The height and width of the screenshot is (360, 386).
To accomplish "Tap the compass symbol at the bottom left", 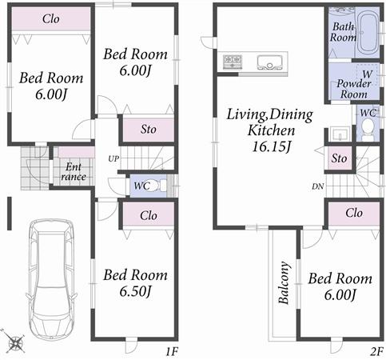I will (x=14, y=342).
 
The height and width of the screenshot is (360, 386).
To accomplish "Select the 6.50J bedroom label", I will (x=136, y=282).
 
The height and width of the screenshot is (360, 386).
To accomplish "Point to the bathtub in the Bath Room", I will (x=367, y=32).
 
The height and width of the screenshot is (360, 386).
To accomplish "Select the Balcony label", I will (x=284, y=283).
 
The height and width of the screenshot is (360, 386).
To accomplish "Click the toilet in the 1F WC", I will (x=160, y=186).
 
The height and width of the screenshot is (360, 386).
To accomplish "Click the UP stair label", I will (x=114, y=158).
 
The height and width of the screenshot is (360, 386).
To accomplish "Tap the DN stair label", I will (x=318, y=186).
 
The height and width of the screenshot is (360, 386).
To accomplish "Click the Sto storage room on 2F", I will (x=339, y=158).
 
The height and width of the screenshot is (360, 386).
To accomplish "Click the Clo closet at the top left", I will (x=50, y=19).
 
